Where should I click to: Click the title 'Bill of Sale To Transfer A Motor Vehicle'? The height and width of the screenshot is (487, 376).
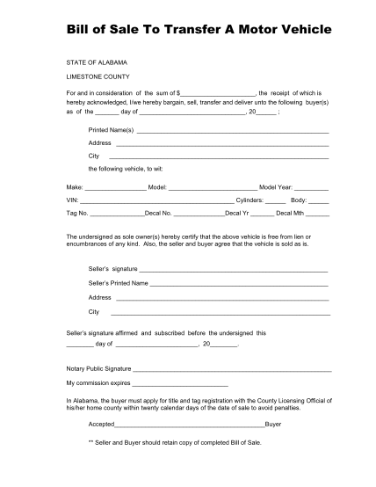coord(187,29)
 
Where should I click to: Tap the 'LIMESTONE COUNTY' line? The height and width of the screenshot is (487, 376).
coord(96,76)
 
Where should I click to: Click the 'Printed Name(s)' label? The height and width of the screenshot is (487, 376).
coord(111,129)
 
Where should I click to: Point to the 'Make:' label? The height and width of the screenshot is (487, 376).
coord(75,187)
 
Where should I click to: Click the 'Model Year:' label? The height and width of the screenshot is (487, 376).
coord(276,187)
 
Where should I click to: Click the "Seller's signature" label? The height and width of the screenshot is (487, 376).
coord(112,268)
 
